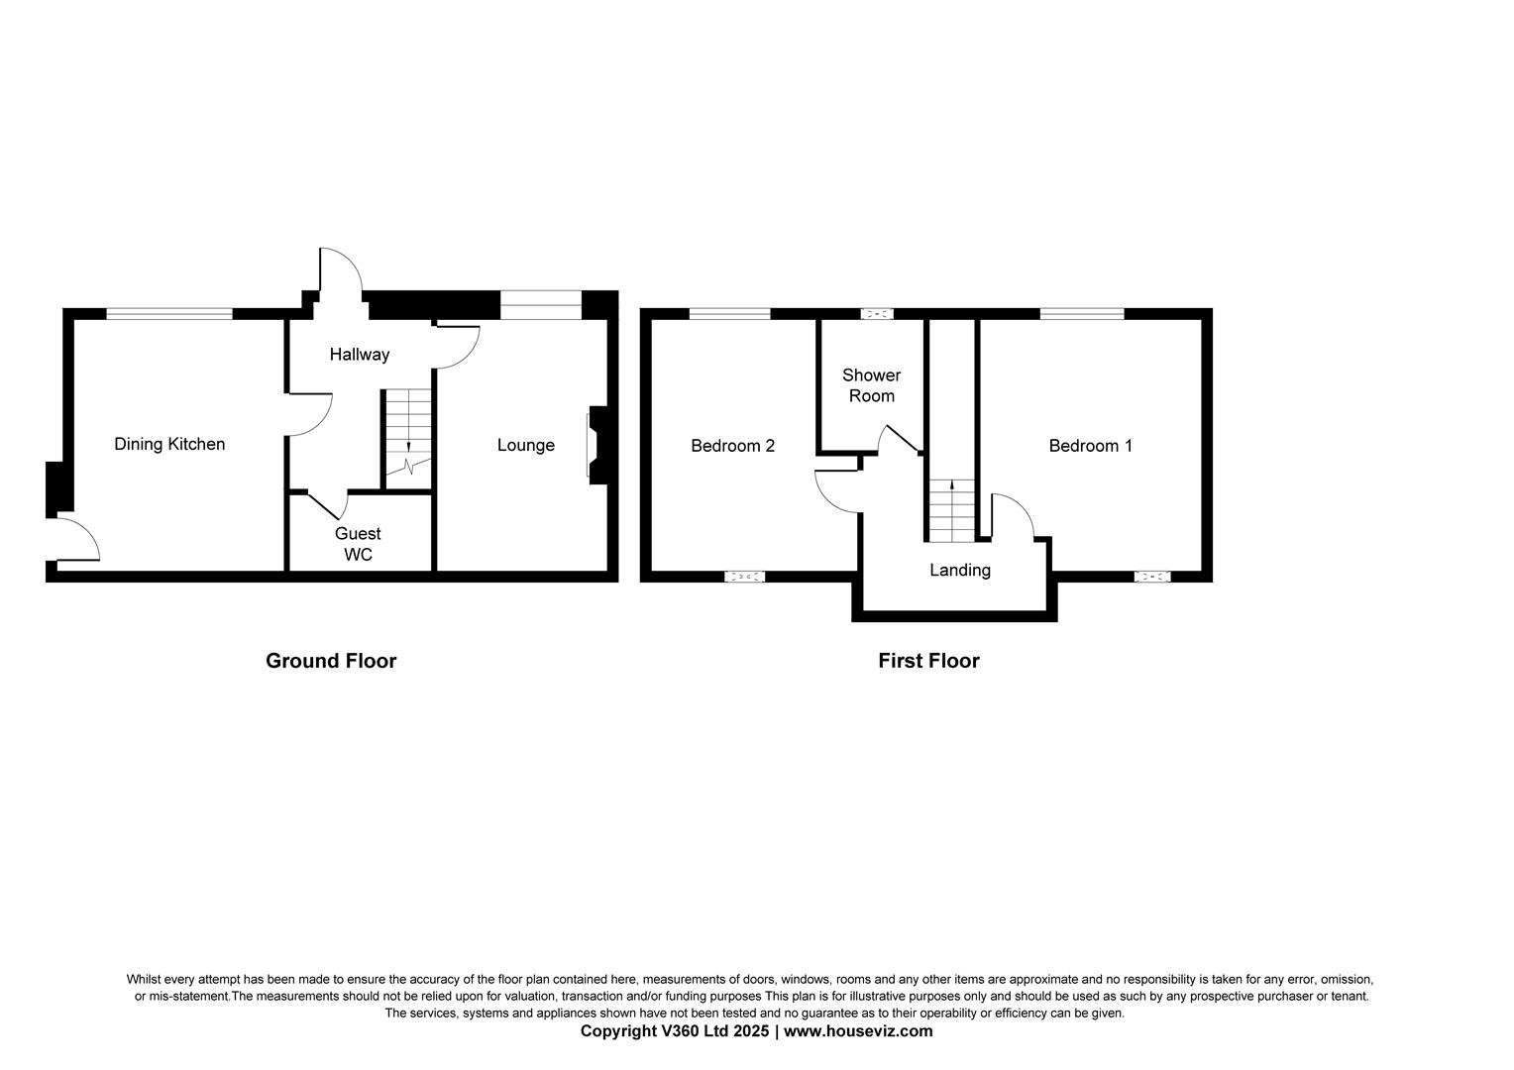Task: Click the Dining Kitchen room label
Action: [169, 444]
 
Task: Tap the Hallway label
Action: [360, 354]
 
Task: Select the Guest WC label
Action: [358, 544]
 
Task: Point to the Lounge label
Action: [525, 445]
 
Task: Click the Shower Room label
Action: [871, 385]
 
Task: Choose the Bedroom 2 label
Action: [732, 446]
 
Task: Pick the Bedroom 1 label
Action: [1090, 446]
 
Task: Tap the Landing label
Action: [959, 570]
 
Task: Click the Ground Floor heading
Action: [331, 661]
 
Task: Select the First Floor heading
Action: [928, 661]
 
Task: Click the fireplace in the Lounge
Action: [594, 445]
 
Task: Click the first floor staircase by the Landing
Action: [951, 510]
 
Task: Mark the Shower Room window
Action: [876, 314]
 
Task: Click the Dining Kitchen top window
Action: [169, 314]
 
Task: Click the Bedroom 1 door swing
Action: [1013, 515]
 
